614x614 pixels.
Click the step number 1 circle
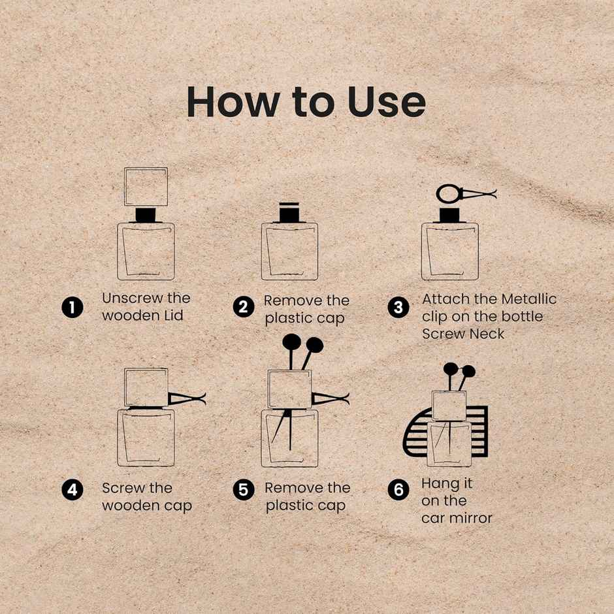[x=73, y=307]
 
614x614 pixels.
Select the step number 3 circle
[x=398, y=308]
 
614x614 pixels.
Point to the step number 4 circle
[x=73, y=490]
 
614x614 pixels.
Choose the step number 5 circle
[x=243, y=490]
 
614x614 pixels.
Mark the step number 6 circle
[x=398, y=490]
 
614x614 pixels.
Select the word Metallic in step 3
[x=528, y=299]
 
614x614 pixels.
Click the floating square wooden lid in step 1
[x=146, y=186]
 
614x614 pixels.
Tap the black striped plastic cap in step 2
[x=289, y=212]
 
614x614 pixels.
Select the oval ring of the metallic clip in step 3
[x=449, y=194]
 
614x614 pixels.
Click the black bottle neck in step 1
[x=146, y=215]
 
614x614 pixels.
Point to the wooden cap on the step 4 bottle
[x=146, y=387]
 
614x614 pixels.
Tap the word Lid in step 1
[x=174, y=315]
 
